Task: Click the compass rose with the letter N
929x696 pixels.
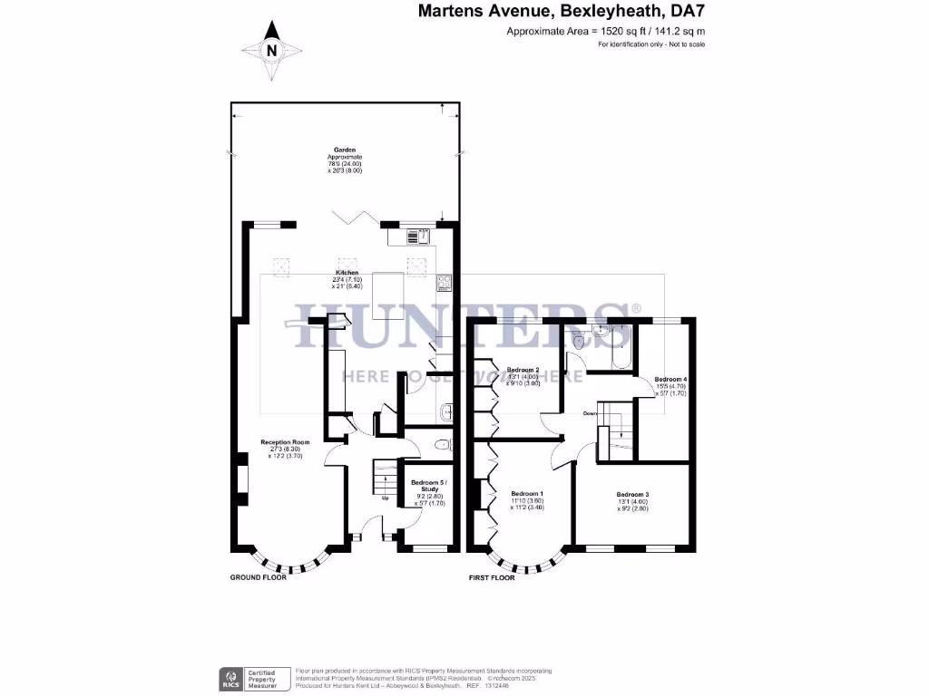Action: [271, 51]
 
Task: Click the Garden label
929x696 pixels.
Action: [344, 150]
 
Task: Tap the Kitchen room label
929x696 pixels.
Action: [347, 272]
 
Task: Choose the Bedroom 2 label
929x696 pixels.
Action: [523, 370]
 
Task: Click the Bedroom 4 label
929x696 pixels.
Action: [671, 379]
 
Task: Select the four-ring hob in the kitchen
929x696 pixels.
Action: [444, 283]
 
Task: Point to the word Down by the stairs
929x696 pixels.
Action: [591, 413]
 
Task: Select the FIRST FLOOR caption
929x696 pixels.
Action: [492, 577]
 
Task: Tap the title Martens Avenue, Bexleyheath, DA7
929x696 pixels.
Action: [561, 12]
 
